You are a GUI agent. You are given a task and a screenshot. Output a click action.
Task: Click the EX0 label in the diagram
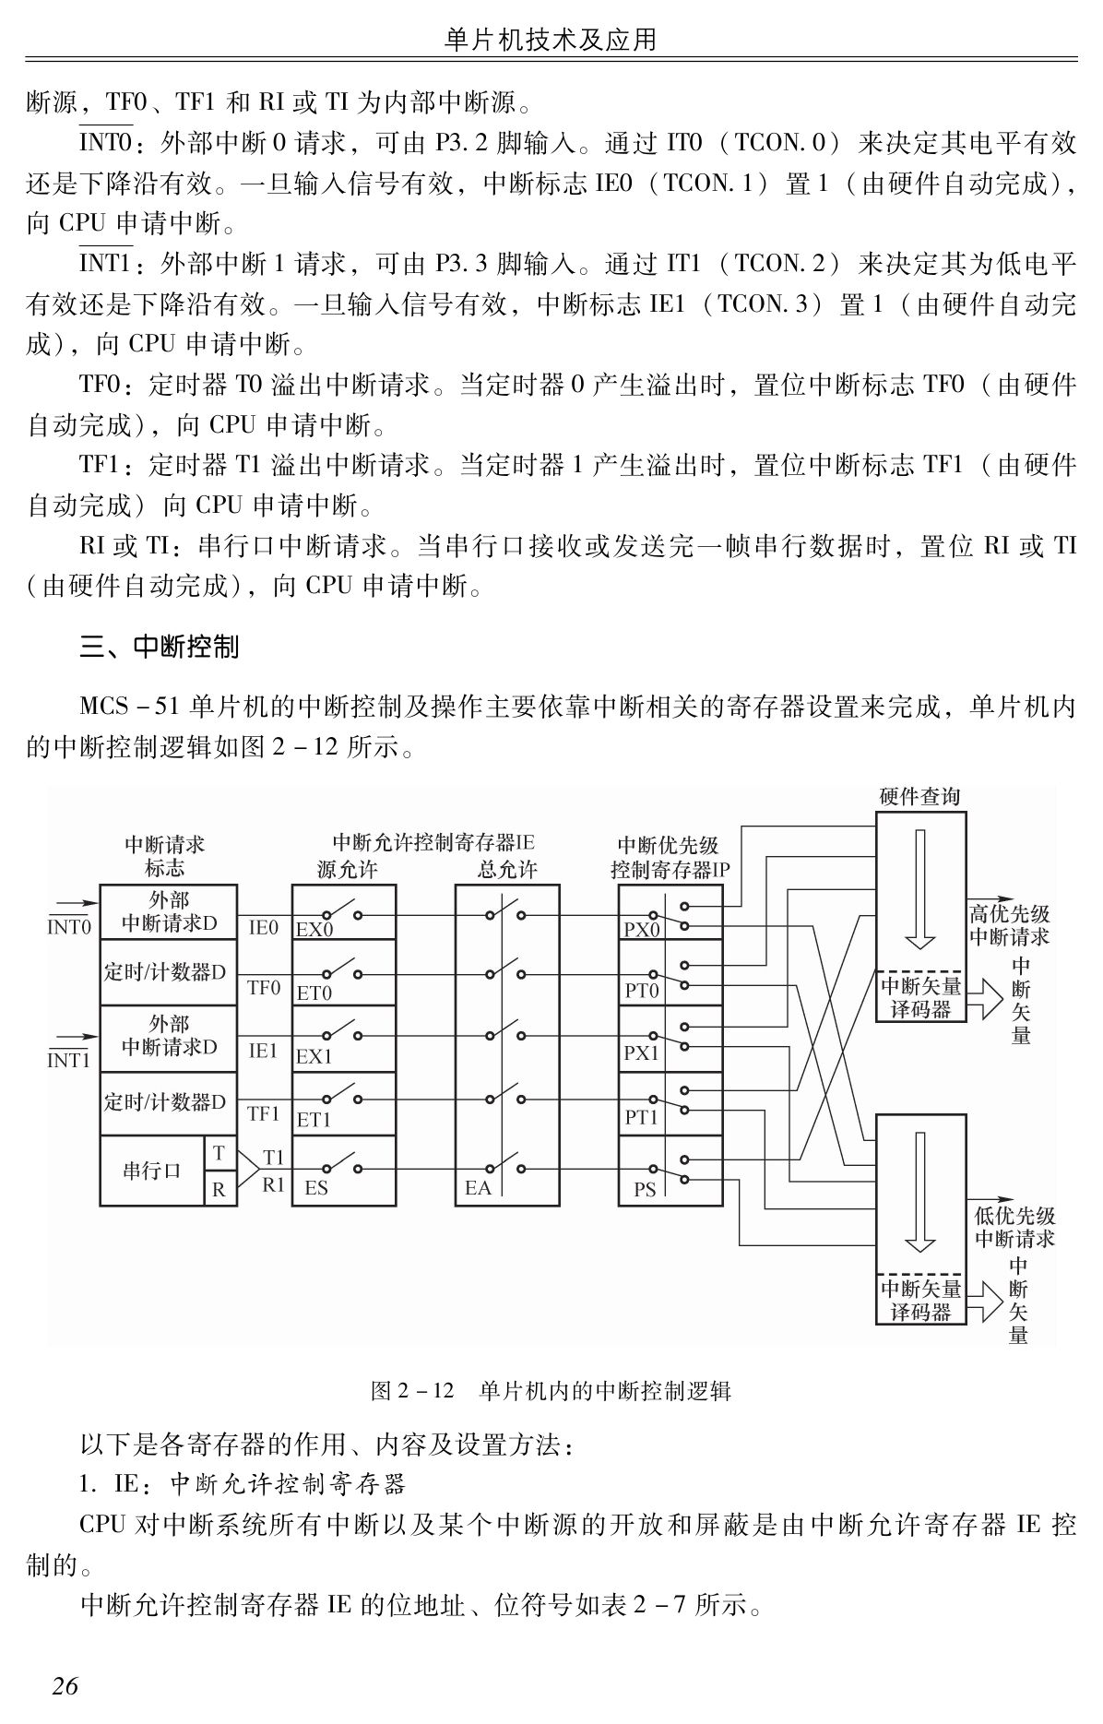(x=314, y=930)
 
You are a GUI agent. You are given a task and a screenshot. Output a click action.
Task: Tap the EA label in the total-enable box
(x=478, y=1188)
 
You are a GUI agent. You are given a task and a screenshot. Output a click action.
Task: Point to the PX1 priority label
(x=642, y=1052)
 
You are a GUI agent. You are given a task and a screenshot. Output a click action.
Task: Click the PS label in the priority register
(x=645, y=1189)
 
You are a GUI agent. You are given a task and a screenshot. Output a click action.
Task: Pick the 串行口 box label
(x=152, y=1171)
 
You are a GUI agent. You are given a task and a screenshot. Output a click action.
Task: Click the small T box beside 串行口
(x=219, y=1153)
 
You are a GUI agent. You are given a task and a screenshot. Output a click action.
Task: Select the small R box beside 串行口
(x=219, y=1189)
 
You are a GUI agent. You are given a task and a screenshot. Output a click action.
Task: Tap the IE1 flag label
(x=263, y=1051)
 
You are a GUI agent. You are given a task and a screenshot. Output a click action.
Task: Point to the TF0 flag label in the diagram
(x=263, y=988)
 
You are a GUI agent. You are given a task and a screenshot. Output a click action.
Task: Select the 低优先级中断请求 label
(x=1014, y=1227)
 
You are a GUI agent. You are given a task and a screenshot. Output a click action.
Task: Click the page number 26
(x=65, y=1686)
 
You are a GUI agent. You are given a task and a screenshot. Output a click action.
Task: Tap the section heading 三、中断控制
(x=160, y=647)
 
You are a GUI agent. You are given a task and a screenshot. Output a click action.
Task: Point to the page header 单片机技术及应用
(x=551, y=40)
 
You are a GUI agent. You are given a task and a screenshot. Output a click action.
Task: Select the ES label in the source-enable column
(x=315, y=1188)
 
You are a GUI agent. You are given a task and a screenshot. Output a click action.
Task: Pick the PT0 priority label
(x=642, y=992)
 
